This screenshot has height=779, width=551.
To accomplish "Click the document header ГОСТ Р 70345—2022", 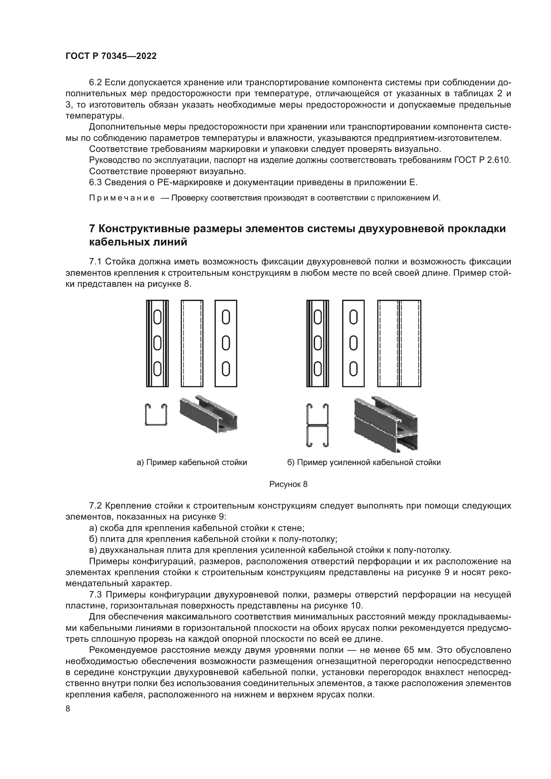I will coord(111,56).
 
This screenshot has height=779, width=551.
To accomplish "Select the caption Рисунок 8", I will coord(288,484).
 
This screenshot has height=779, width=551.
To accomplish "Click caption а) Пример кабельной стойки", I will coord(192,462).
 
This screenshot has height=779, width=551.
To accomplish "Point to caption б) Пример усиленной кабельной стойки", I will coord(364,462).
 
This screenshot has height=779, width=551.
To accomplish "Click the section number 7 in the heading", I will coord(92,229).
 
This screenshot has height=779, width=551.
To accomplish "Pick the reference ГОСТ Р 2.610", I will coord(482,160).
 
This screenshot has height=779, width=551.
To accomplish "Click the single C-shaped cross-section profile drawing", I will coord(156,414).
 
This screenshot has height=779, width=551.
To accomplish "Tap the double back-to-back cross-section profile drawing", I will coord(317,425).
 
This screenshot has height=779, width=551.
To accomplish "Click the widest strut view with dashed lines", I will coord(399,343).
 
